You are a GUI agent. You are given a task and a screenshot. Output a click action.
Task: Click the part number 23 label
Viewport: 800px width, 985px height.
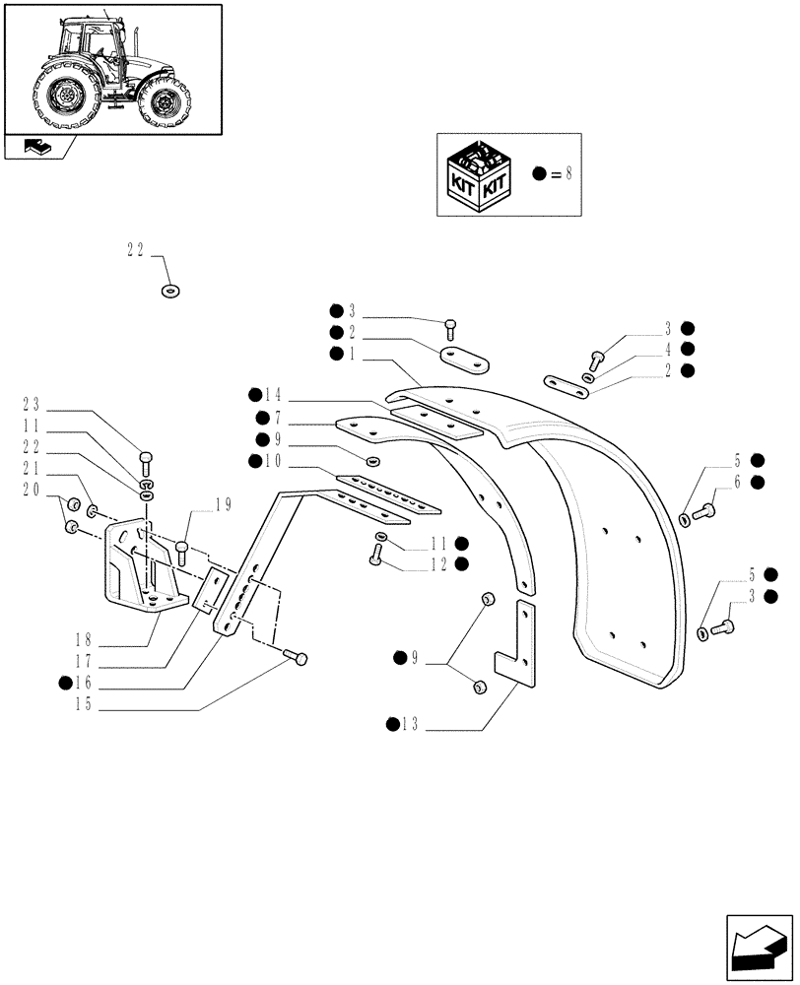click(31, 403)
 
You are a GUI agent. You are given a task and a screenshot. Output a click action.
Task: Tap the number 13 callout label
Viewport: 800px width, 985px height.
click(411, 726)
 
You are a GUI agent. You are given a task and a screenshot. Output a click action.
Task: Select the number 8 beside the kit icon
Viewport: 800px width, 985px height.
click(567, 173)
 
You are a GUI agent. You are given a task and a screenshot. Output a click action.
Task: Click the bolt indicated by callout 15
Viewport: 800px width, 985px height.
click(297, 657)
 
